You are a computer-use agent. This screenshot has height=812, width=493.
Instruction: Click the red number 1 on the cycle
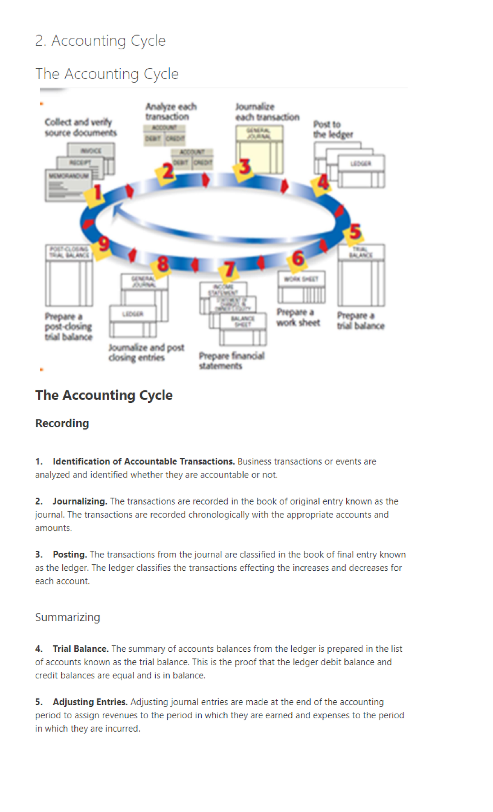(x=97, y=192)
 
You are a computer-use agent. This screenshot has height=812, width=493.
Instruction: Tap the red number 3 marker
(x=245, y=167)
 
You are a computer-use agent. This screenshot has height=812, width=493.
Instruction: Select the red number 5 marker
(x=355, y=232)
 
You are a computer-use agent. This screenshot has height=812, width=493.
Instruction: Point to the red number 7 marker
(x=229, y=270)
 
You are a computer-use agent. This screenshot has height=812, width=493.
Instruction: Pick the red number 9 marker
(x=104, y=244)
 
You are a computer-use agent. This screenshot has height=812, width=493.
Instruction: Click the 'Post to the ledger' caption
(x=333, y=129)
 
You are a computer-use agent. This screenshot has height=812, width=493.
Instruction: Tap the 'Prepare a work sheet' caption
(x=298, y=317)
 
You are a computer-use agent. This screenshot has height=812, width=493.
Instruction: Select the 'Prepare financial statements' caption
(x=231, y=360)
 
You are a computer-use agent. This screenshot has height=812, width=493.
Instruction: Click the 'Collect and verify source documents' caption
(x=81, y=127)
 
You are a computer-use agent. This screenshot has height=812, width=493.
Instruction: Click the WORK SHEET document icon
(x=301, y=287)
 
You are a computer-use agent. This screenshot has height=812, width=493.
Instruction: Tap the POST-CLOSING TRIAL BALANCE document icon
(x=69, y=275)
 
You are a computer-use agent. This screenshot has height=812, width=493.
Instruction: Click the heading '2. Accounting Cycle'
(x=100, y=41)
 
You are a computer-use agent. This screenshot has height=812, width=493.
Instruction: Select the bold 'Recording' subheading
(x=62, y=423)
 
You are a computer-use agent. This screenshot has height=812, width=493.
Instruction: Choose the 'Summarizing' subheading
(x=67, y=617)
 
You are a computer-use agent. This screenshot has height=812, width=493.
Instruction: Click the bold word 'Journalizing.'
(x=80, y=501)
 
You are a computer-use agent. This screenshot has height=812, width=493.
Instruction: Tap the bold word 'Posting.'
(x=70, y=554)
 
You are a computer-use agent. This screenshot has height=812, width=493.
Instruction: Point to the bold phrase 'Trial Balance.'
(x=81, y=649)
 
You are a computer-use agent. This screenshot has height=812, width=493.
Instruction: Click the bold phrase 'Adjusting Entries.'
(x=90, y=702)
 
